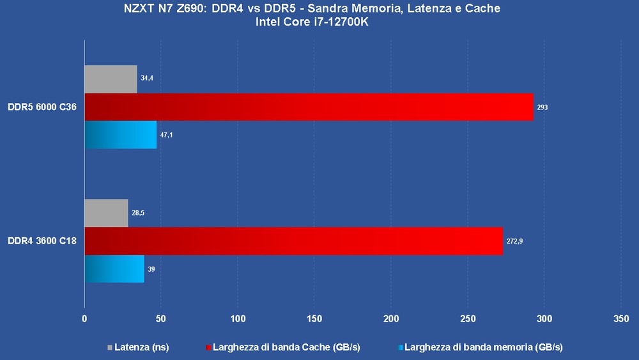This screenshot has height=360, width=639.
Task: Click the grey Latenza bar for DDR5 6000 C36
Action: click(111, 79)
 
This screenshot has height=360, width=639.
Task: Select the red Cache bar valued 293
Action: click(309, 107)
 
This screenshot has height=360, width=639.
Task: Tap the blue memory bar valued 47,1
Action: click(121, 135)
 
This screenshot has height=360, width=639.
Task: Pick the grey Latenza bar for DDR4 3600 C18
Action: click(106, 213)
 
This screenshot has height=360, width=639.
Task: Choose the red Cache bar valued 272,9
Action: click(293, 241)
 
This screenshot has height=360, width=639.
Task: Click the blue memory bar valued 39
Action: click(114, 269)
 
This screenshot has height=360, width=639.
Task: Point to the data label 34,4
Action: click(146, 78)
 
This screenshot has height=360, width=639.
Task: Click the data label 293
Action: click(543, 107)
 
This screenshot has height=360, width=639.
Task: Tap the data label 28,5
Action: click(137, 212)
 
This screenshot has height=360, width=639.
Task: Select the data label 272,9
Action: click(514, 241)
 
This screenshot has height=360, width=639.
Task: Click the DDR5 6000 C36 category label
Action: click(42, 107)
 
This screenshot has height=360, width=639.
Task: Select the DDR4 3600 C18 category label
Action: click(42, 241)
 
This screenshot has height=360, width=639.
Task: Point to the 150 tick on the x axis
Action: click(314, 318)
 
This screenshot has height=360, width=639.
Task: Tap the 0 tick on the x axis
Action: click(84, 318)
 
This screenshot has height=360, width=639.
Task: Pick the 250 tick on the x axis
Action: click(468, 318)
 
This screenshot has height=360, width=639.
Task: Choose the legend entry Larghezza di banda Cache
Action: click(282, 347)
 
